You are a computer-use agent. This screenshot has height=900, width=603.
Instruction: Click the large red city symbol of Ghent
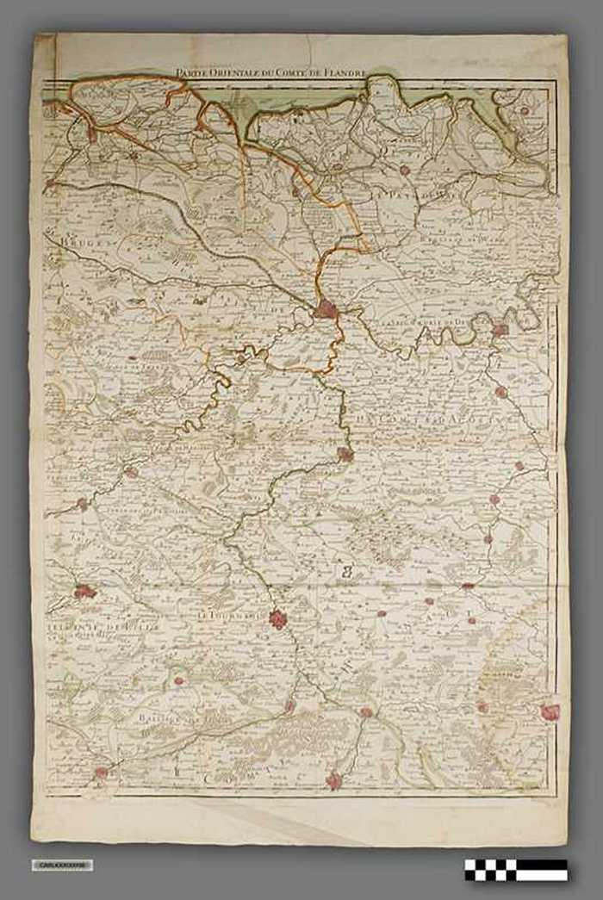click(326, 309)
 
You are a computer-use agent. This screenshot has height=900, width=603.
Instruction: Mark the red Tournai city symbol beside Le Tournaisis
click(277, 618)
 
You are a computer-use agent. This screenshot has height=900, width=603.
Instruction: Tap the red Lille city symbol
click(84, 592)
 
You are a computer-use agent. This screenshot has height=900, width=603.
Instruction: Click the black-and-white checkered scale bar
click(515, 869)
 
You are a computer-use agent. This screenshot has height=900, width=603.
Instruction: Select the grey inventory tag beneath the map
click(62, 865)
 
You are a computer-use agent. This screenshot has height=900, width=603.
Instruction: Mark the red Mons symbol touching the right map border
click(549, 711)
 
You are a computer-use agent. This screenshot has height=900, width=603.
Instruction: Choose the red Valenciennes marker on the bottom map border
click(333, 781)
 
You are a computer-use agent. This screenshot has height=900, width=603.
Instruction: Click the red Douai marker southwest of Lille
click(101, 773)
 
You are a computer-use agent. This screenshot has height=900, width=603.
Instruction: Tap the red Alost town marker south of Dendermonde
click(500, 392)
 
